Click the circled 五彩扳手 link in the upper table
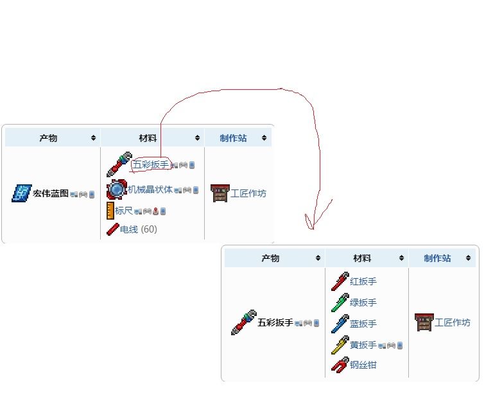click(150, 165)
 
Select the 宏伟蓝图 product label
click(51, 193)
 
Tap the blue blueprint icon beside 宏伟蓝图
click(22, 193)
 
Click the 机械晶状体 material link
click(150, 189)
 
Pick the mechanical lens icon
click(117, 189)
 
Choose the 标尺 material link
click(124, 210)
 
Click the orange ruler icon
click(110, 210)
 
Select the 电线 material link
click(129, 229)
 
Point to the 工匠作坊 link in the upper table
click(248, 193)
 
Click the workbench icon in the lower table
click(424, 322)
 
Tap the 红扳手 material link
click(363, 281)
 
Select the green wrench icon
click(340, 303)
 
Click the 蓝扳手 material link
click(363, 324)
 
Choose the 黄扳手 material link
click(363, 345)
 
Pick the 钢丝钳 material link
click(363, 365)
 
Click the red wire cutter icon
click(340, 365)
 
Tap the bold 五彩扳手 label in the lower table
click(275, 322)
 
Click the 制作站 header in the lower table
click(437, 258)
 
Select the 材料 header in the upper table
click(148, 137)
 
